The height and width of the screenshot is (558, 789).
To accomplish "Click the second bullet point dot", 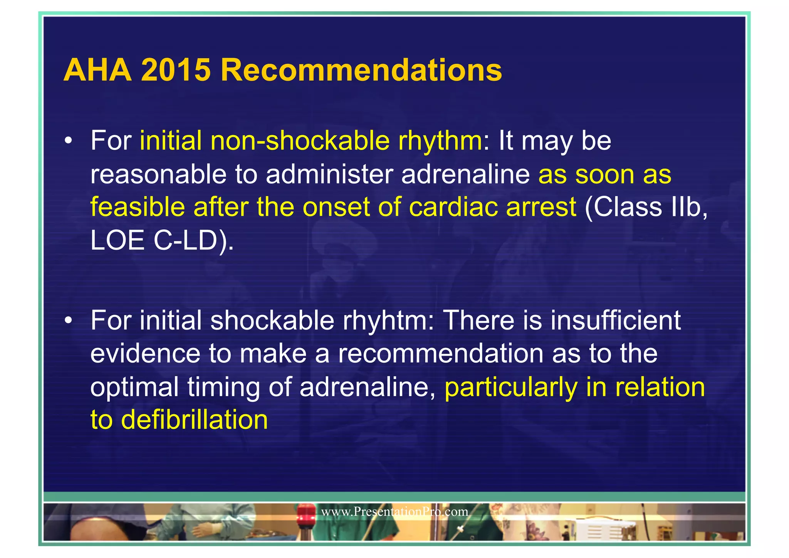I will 69,321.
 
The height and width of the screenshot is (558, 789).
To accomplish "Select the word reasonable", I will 158,174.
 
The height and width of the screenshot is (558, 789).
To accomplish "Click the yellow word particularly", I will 511,387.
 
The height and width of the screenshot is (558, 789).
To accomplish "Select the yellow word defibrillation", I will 194,420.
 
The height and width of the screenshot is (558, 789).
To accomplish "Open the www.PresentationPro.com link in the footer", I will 394,512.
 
